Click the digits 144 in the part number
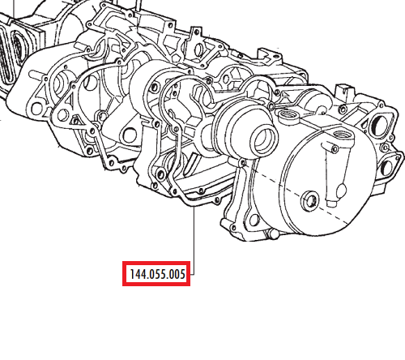tap(138, 274)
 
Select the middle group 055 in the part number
tap(158, 274)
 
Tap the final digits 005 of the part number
tap(178, 274)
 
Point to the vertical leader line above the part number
tap(194, 241)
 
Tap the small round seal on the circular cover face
tap(310, 200)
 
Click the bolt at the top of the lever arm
tap(335, 148)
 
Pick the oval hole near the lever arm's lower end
tap(341, 191)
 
